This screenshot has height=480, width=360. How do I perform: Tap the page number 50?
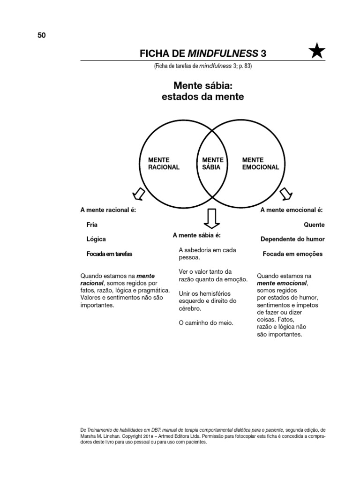pos(42,35)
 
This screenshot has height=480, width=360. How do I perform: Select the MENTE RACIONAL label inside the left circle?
pos(164,164)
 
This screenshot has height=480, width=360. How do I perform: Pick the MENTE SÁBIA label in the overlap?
pos(213,164)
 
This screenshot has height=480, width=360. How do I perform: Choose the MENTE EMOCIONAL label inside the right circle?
pos(260,164)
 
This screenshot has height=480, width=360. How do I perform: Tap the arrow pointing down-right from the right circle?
pos(285,193)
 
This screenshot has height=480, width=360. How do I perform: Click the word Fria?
pos(92,225)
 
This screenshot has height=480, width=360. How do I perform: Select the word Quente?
pos(314,225)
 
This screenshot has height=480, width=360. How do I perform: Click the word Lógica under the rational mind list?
pos(96,239)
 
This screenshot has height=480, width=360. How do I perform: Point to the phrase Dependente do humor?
pos(292,239)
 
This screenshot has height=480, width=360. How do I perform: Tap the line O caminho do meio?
pos(206,323)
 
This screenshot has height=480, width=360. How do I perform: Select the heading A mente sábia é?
pos(196,235)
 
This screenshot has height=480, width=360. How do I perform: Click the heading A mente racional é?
pos(108,210)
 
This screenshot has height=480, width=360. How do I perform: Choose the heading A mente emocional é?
pos(292,210)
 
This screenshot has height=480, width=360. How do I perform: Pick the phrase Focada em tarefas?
pos(109,254)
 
